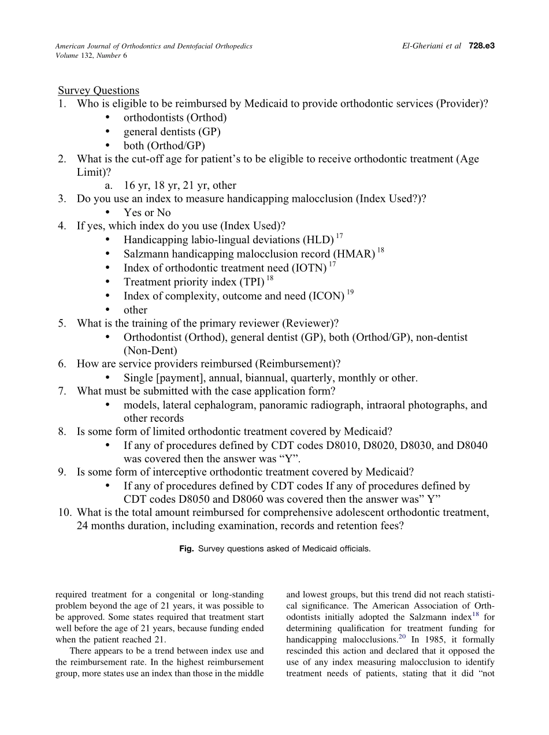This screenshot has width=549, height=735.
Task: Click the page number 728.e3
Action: pyautogui.click(x=480, y=46)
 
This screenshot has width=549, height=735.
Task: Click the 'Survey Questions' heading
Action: pyautogui.click(x=98, y=90)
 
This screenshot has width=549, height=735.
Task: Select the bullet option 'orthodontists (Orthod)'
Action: pyautogui.click(x=175, y=118)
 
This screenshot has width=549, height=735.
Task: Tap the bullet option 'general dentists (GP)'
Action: pyautogui.click(x=172, y=132)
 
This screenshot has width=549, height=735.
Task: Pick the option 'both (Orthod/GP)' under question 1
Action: pyautogui.click(x=164, y=146)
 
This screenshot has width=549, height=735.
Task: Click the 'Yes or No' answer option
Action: pyautogui.click(x=147, y=213)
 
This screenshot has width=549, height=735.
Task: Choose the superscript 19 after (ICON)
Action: pyautogui.click(x=350, y=293)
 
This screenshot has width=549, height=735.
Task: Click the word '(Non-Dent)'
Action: pyautogui.click(x=150, y=350)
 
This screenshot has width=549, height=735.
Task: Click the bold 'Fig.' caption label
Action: pyautogui.click(x=186, y=549)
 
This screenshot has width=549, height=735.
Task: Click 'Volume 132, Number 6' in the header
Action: pyautogui.click(x=91, y=55)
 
